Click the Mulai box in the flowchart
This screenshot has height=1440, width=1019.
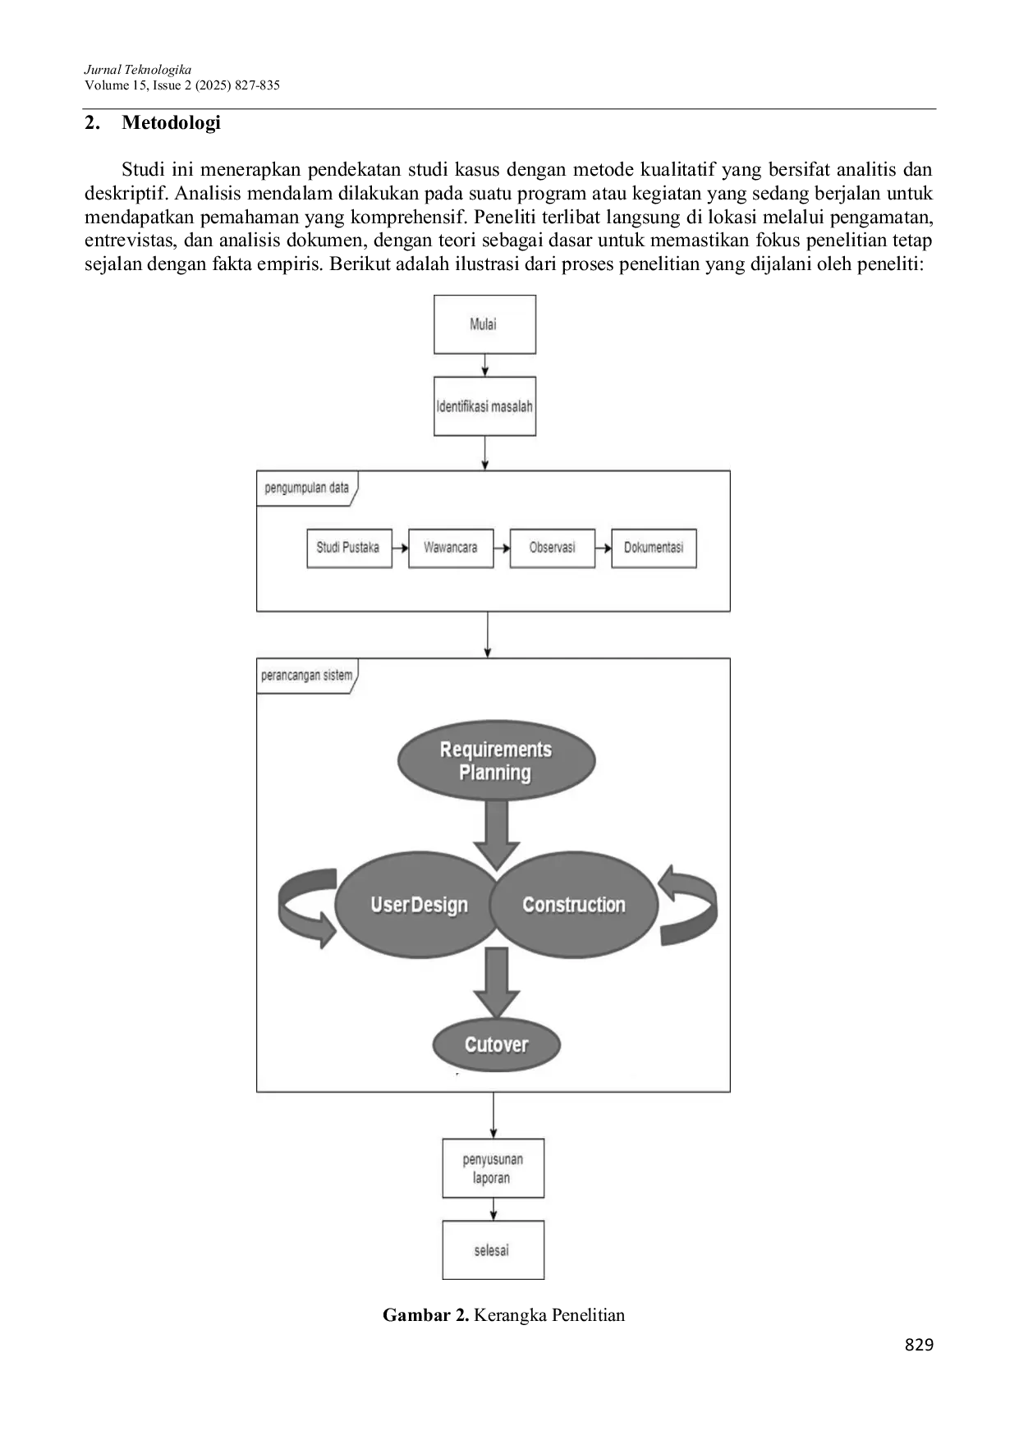pos(484,324)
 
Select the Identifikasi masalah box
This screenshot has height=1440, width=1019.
pos(484,406)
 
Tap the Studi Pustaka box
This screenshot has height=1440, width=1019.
pos(349,548)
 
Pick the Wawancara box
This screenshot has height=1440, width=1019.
pos(451,548)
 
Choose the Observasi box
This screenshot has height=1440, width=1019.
pos(552,548)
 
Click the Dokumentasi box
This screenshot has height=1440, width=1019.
pos(654,548)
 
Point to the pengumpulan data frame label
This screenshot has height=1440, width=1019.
pos(307,488)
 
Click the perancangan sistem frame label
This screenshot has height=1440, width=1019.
pos(307,676)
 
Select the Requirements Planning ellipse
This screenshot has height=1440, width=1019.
pos(496,761)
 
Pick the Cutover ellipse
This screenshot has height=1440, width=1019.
pos(497,1044)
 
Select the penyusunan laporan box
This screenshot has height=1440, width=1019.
pos(493,1168)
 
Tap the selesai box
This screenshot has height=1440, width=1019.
pos(493,1250)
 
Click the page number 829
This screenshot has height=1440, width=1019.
pos(919,1345)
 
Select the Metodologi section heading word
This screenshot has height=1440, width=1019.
pos(171,123)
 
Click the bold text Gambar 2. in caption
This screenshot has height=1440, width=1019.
pos(425,1315)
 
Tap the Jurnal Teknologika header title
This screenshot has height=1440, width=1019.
pos(138,70)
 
